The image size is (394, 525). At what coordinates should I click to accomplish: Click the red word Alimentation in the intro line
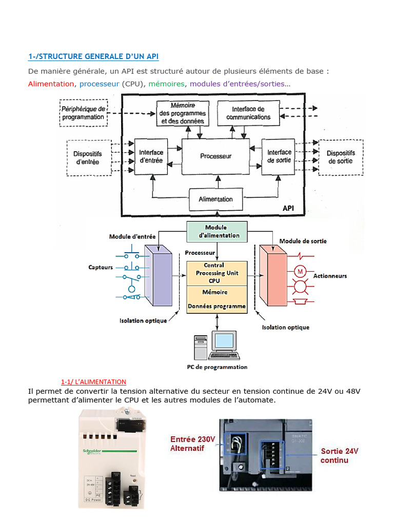click(x=51, y=84)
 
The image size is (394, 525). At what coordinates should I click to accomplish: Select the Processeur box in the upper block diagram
click(x=215, y=156)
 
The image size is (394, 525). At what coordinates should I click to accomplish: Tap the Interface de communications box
click(x=248, y=113)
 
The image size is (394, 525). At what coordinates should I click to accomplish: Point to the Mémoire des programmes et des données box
click(x=182, y=113)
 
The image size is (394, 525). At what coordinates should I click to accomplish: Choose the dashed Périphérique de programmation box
click(x=83, y=113)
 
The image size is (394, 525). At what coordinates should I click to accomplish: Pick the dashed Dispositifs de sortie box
click(x=340, y=157)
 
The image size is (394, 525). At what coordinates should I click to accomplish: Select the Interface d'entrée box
click(x=151, y=156)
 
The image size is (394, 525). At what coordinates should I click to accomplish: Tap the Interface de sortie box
click(x=279, y=156)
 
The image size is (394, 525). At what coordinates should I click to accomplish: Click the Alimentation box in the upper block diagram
click(x=215, y=199)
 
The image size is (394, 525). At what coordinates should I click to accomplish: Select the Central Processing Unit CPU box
click(x=217, y=273)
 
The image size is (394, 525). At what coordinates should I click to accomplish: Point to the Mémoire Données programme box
click(x=217, y=299)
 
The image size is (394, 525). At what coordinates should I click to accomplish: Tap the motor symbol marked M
click(x=300, y=271)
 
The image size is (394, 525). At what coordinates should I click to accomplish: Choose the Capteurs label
click(x=101, y=267)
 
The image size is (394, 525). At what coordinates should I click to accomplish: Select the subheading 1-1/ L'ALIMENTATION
click(x=93, y=382)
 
